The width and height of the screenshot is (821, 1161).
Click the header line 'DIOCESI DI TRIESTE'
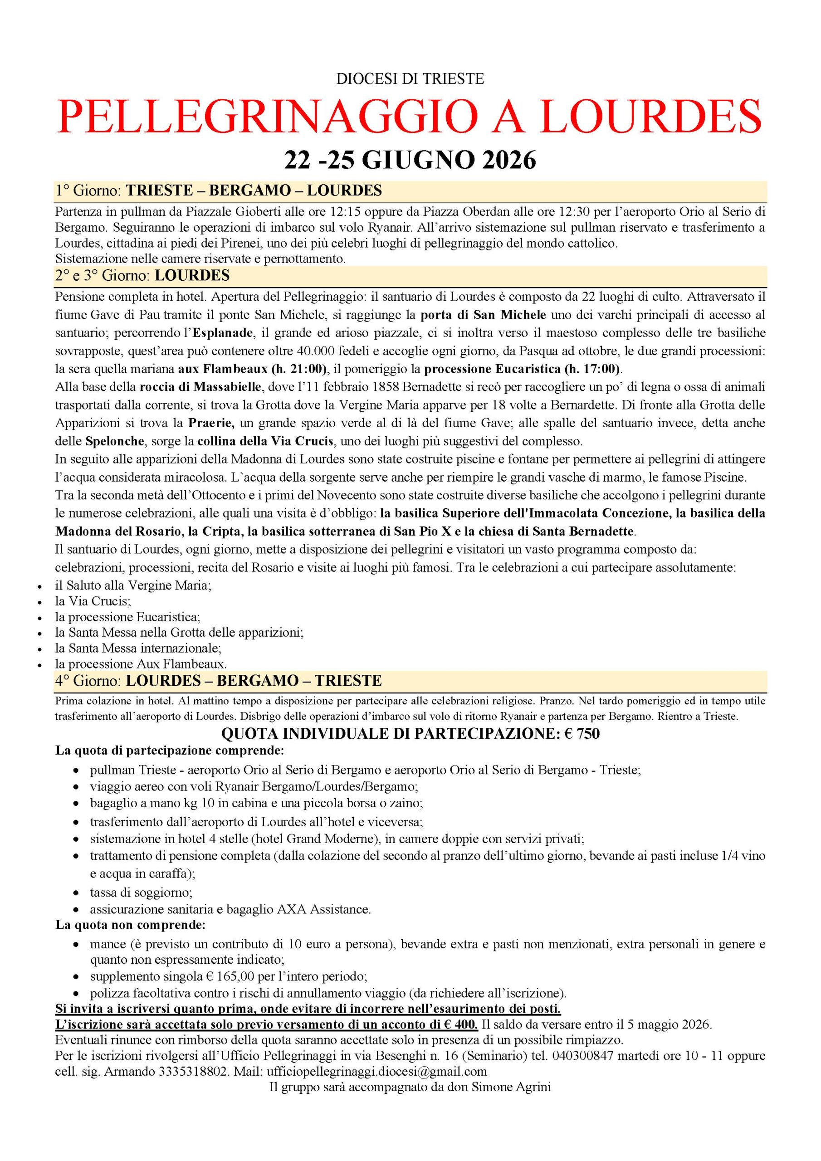410,79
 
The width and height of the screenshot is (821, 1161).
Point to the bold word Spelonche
115,441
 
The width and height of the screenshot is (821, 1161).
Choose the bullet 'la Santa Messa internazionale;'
139,648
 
